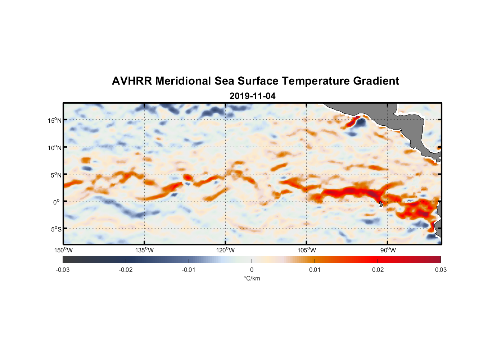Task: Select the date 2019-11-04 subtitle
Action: (x=252, y=96)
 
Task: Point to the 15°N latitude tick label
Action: (x=54, y=120)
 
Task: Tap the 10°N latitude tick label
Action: (x=54, y=148)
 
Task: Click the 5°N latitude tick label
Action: (x=55, y=175)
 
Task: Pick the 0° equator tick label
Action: (x=57, y=202)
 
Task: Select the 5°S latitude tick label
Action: (x=55, y=229)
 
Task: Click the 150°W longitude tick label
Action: (x=63, y=250)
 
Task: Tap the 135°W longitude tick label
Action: (x=144, y=250)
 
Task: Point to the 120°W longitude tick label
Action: (x=225, y=250)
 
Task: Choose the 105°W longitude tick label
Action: (x=307, y=250)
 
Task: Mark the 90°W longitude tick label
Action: (x=388, y=250)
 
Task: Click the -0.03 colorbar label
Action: (x=63, y=270)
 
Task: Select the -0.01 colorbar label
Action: (x=189, y=270)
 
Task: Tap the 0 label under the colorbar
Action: (x=252, y=270)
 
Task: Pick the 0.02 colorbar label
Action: (x=378, y=270)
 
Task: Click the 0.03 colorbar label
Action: (x=440, y=270)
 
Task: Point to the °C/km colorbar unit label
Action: (x=252, y=278)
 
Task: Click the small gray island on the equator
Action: (x=381, y=204)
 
